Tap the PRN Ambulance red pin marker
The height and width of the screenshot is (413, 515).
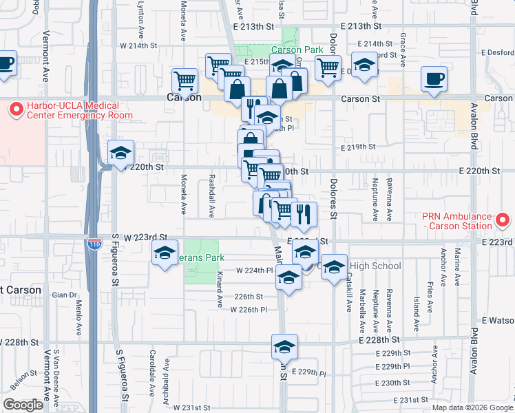503,220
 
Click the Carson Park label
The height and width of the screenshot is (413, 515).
297,50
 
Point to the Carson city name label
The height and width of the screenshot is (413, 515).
185,98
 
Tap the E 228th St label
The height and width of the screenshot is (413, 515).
379,340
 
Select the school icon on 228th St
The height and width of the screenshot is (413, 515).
284,347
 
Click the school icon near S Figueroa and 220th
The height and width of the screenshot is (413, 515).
120,153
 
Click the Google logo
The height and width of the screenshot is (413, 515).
23,405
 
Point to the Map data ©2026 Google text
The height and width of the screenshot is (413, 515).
472,407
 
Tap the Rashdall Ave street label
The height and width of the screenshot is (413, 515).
211,189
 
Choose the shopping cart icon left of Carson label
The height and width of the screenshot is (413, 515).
185,80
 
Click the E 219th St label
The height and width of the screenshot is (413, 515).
358,147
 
